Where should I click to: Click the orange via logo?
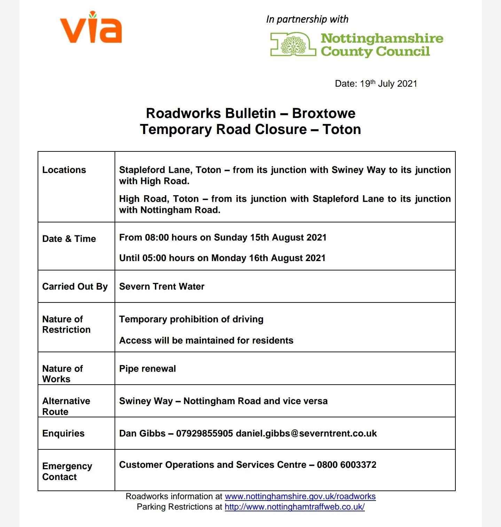(91, 28)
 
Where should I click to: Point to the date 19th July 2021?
(388, 84)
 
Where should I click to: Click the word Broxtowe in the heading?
(323, 113)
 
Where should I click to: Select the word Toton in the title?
(342, 129)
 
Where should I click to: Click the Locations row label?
(64, 170)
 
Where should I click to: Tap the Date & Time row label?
(69, 239)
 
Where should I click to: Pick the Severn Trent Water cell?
(162, 286)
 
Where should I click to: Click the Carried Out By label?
(75, 286)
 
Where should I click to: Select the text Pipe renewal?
(147, 369)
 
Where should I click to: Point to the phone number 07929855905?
(204, 433)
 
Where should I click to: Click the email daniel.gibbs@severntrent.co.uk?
(306, 433)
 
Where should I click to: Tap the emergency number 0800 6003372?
(346, 465)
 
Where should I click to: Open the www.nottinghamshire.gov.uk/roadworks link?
(300, 496)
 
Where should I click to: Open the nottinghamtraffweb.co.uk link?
(295, 507)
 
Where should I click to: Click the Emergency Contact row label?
(67, 471)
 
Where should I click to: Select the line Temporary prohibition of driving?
(191, 319)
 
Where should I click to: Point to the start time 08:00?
(157, 237)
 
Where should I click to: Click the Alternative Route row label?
(66, 406)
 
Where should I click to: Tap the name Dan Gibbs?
(142, 433)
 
